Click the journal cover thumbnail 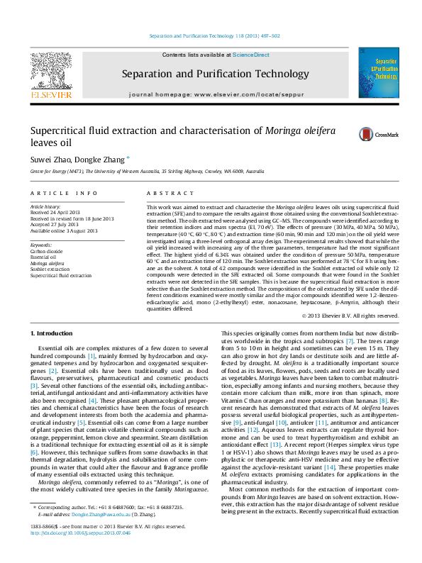pos(378,72)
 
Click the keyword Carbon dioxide pos(47,252)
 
